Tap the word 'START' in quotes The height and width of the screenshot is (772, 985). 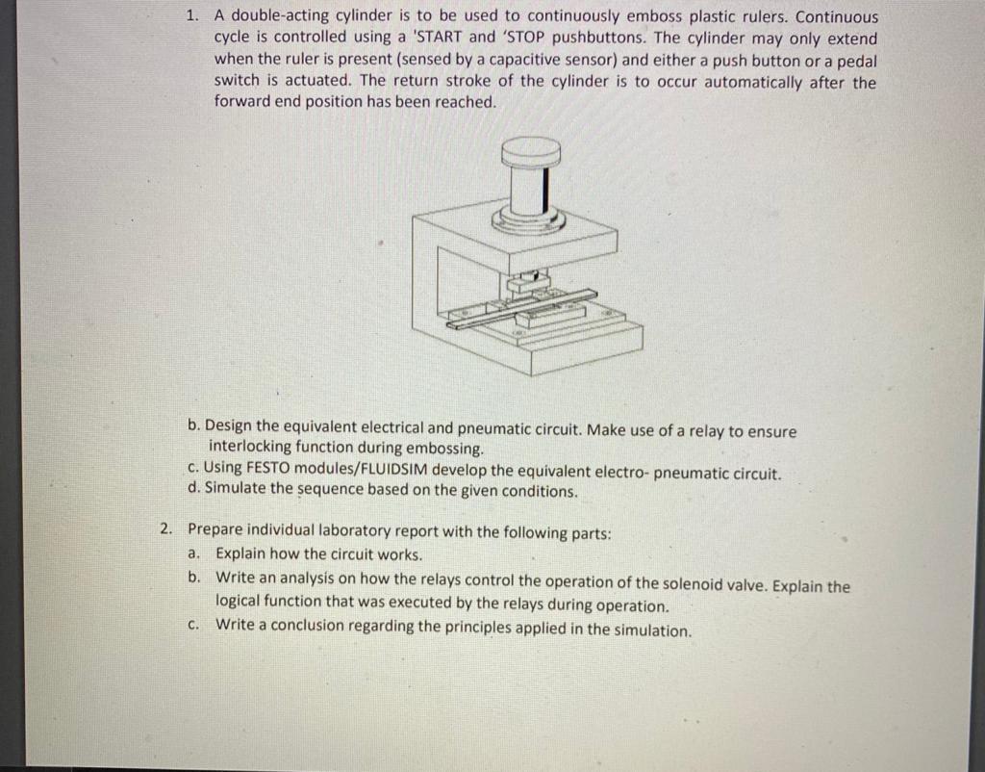438,38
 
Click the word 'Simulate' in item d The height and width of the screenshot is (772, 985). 235,490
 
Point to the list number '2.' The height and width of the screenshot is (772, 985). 166,528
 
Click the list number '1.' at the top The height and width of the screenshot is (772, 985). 192,16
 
